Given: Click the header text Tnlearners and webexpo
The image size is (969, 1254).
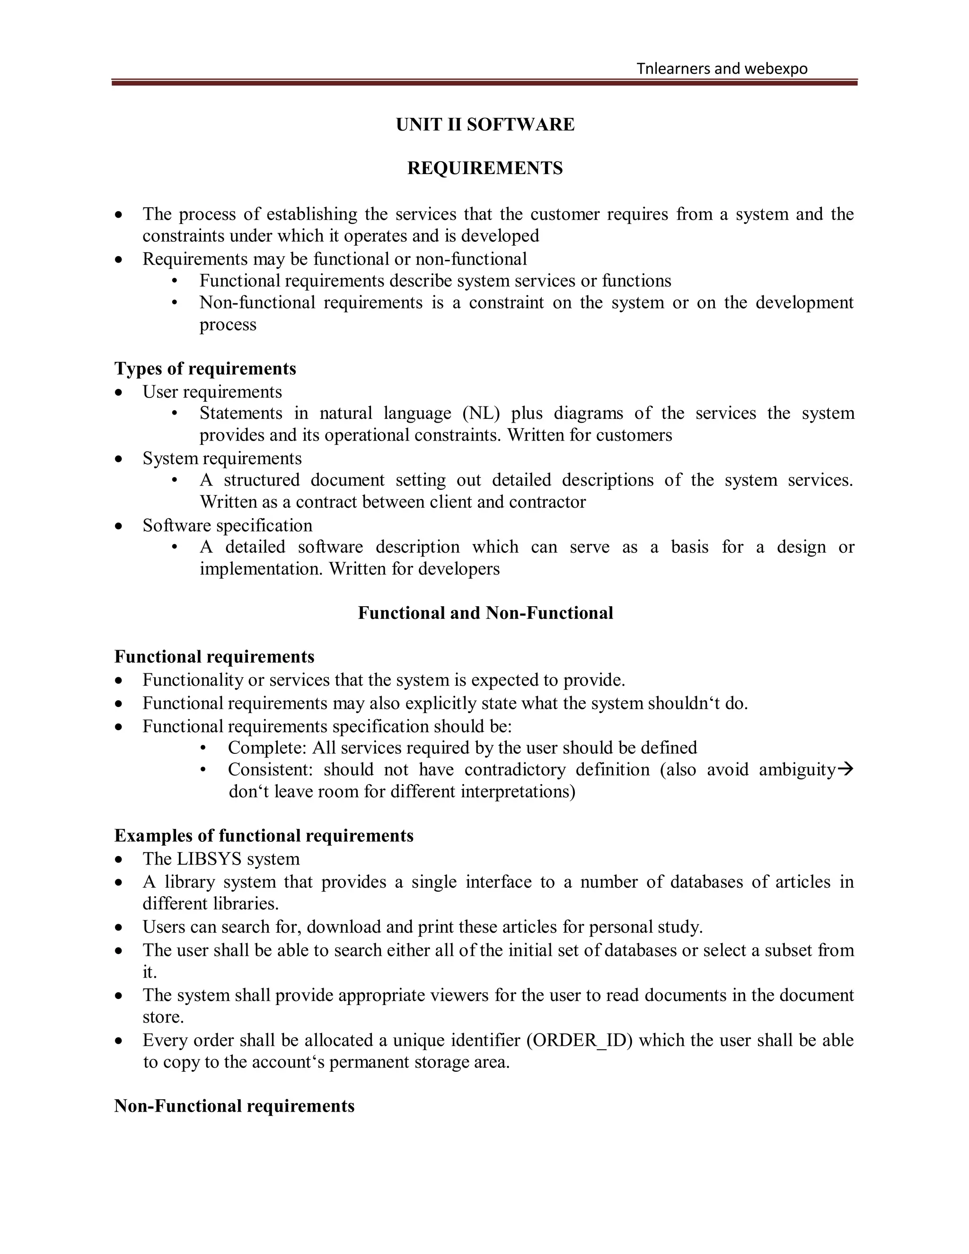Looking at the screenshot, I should pos(722,69).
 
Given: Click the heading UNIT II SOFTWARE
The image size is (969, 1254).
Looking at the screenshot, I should pos(484,124).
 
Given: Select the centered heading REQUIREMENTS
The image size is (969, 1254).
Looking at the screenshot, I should pos(484,168).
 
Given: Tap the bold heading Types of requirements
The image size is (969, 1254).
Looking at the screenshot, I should pos(205,369).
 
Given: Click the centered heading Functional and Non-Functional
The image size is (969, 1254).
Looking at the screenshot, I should pos(485,613).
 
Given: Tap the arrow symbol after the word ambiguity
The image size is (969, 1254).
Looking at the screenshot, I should pos(846,769).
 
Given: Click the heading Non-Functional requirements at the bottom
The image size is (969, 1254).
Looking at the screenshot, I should pos(234,1106).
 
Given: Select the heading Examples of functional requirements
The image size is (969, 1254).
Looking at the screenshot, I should pos(264,835).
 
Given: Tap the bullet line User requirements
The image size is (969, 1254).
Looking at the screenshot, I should pos(212,392).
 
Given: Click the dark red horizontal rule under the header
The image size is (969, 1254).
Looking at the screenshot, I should pos(484,83).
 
